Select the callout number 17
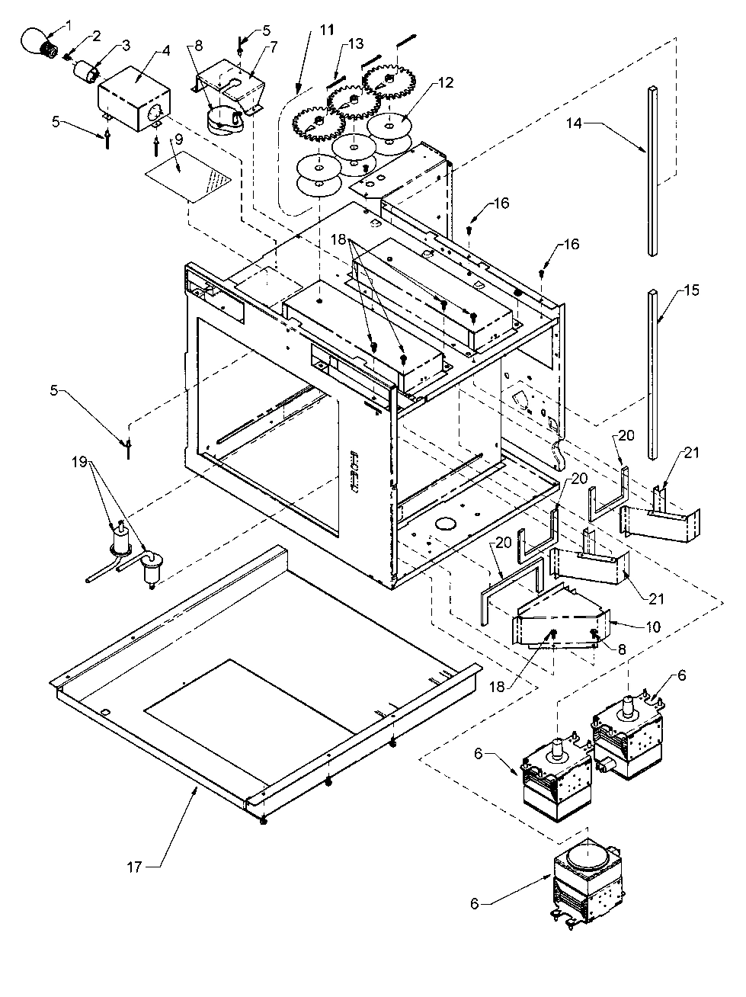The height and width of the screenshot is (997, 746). [x=133, y=865]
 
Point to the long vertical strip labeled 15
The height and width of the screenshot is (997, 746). [x=654, y=373]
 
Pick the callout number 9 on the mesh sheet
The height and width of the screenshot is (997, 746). [x=178, y=161]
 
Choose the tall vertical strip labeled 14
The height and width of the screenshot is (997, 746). [x=653, y=172]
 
